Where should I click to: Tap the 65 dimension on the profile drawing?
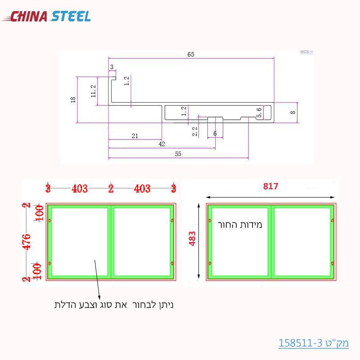click(191, 54)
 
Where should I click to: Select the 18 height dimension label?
click(73, 99)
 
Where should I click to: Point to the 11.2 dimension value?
click(93, 91)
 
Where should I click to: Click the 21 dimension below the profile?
click(135, 135)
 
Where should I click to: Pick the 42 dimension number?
click(162, 144)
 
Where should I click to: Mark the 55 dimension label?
click(178, 154)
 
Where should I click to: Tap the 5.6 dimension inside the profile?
click(259, 112)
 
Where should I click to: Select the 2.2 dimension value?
click(194, 131)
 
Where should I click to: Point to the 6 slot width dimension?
click(215, 134)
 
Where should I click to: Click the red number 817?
click(271, 186)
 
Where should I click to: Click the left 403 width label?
click(80, 188)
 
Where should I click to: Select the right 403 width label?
click(142, 188)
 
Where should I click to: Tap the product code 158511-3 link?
click(314, 343)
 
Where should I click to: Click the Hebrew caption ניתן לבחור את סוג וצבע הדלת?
click(114, 305)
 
